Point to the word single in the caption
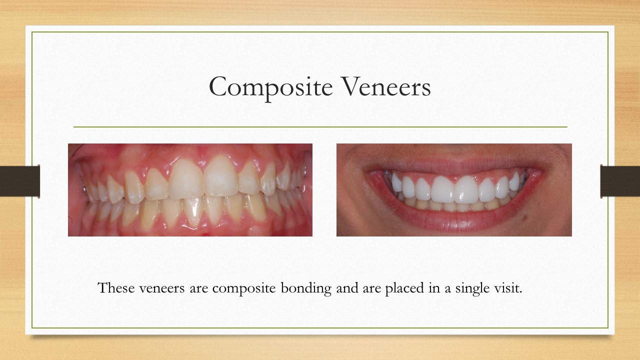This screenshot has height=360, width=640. point(471,289)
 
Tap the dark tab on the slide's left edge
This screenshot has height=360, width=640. point(20,181)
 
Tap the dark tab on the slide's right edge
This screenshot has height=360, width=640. point(620,181)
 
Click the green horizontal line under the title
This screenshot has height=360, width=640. point(320,127)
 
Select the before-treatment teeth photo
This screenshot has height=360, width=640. point(190,190)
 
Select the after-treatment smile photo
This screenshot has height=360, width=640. point(454,190)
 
